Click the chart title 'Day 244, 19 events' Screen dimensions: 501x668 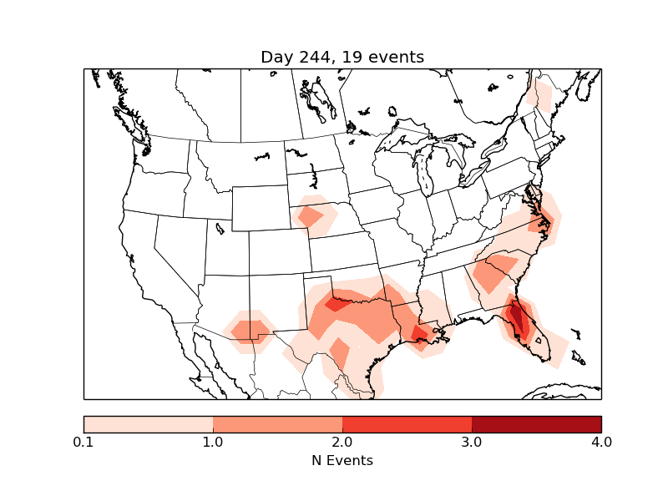pyautogui.click(x=342, y=57)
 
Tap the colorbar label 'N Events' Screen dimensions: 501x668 pyautogui.click(x=342, y=460)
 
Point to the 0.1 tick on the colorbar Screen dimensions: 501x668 pyautogui.click(x=83, y=442)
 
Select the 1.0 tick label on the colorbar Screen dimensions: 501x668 pyautogui.click(x=213, y=442)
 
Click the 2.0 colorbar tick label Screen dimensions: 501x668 pyautogui.click(x=342, y=442)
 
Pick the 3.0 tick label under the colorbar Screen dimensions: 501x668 pyautogui.click(x=472, y=442)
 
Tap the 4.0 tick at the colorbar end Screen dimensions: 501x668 pyautogui.click(x=601, y=442)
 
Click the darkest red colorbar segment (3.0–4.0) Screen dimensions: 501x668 pyautogui.click(x=536, y=423)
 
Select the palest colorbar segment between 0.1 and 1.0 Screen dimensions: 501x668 pyautogui.click(x=148, y=423)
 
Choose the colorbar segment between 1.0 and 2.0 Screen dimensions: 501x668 pyautogui.click(x=277, y=423)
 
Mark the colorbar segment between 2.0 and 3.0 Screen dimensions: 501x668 pyautogui.click(x=407, y=423)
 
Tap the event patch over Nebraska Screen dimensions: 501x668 pyautogui.click(x=311, y=217)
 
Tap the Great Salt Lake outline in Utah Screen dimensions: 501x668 pyautogui.click(x=220, y=226)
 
